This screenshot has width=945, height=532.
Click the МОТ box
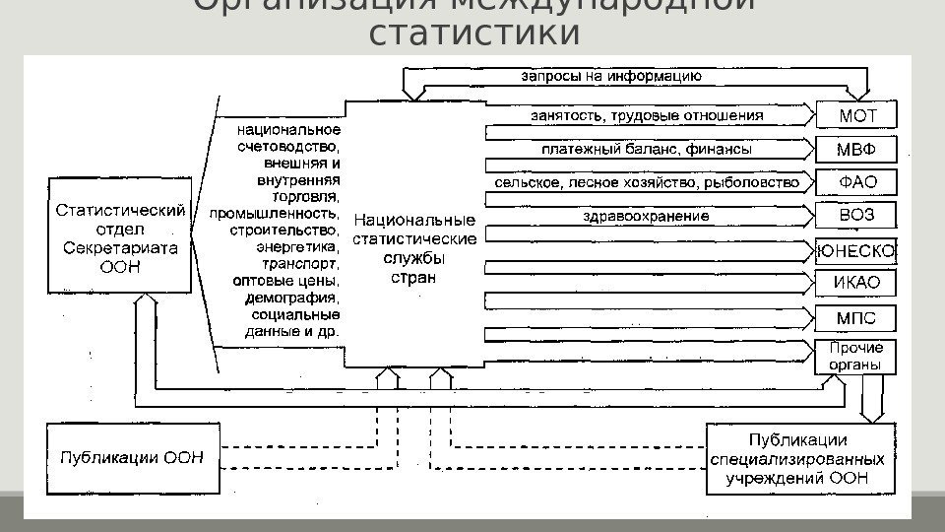(x=856, y=116)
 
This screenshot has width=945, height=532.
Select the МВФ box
(x=856, y=150)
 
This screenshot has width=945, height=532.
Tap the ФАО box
(x=856, y=182)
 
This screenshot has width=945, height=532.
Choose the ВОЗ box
(x=856, y=216)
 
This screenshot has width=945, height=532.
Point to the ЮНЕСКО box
(x=856, y=251)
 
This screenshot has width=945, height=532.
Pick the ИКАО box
(x=856, y=284)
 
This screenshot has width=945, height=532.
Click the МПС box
(x=856, y=318)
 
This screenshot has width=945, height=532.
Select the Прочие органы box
(x=856, y=357)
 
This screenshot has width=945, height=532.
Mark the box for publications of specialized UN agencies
(x=798, y=459)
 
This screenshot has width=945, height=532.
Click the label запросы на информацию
(x=610, y=75)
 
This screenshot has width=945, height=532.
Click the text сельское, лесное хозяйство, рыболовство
(x=647, y=183)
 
